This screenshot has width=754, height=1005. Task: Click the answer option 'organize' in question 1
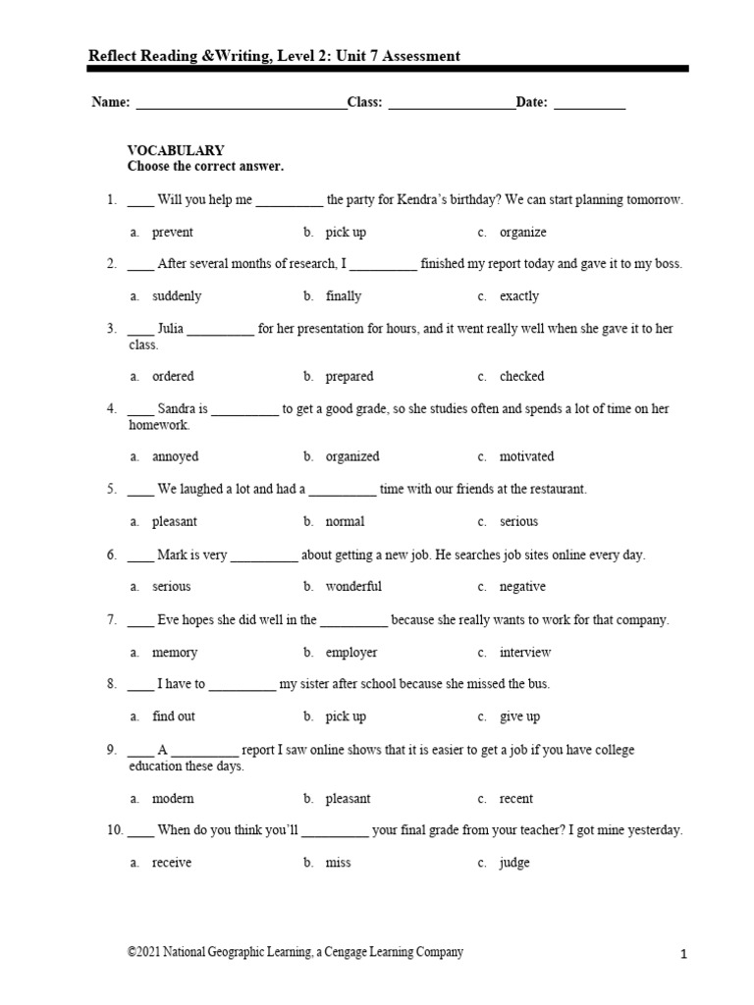522,233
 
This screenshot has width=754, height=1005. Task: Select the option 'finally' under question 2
344,296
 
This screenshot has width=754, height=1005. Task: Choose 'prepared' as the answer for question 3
350,377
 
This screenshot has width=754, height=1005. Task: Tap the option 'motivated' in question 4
526,456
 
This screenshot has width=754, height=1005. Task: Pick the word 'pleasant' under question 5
175,522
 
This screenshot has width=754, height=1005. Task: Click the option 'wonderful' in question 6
353,587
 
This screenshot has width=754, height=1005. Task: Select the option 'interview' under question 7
525,653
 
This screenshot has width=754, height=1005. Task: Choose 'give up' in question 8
519,717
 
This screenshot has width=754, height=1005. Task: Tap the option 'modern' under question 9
173,799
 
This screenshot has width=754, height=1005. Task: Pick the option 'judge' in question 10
514,863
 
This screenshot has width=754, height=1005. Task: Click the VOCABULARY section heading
176,150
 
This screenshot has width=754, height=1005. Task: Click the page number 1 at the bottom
683,954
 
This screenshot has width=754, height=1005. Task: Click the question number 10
115,830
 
